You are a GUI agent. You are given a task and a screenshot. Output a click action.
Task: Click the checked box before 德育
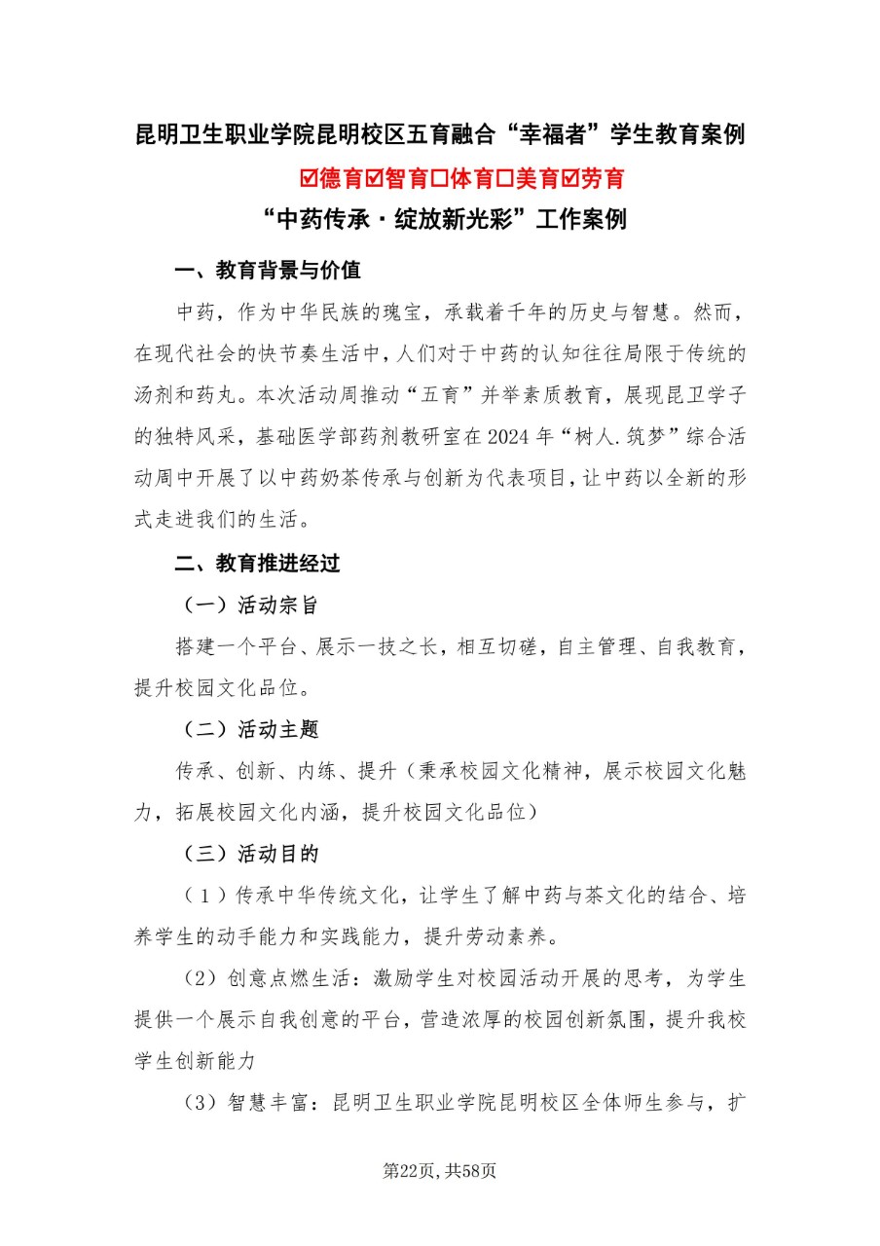point(311,179)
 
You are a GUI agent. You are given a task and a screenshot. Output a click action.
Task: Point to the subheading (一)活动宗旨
point(250,605)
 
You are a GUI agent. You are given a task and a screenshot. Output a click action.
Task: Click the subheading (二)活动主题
point(250,729)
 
